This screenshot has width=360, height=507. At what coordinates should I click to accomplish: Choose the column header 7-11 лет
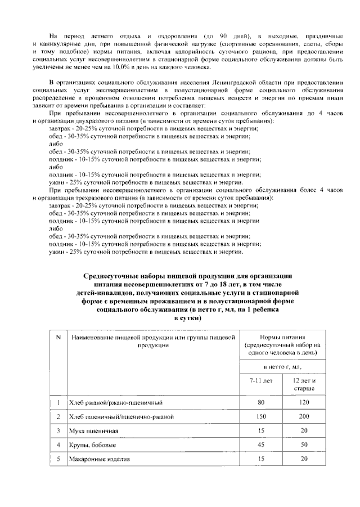point(261,380)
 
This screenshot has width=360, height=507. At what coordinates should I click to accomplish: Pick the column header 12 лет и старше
point(304,384)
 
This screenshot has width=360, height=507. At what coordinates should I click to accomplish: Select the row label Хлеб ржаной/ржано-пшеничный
point(111,403)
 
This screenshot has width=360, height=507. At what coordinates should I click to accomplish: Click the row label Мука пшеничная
point(93,431)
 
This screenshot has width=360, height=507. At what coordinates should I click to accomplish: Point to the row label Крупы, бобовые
point(93,445)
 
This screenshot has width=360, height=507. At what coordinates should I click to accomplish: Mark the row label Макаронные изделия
point(99,459)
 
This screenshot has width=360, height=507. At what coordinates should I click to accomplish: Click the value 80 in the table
point(261,402)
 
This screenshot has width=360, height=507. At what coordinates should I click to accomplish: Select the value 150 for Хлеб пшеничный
point(261,416)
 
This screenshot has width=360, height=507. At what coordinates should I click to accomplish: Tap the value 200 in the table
point(304,416)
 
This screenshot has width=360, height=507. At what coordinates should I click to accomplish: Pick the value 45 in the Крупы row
point(261,445)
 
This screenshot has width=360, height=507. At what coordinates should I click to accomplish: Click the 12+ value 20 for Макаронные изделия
point(304,459)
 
